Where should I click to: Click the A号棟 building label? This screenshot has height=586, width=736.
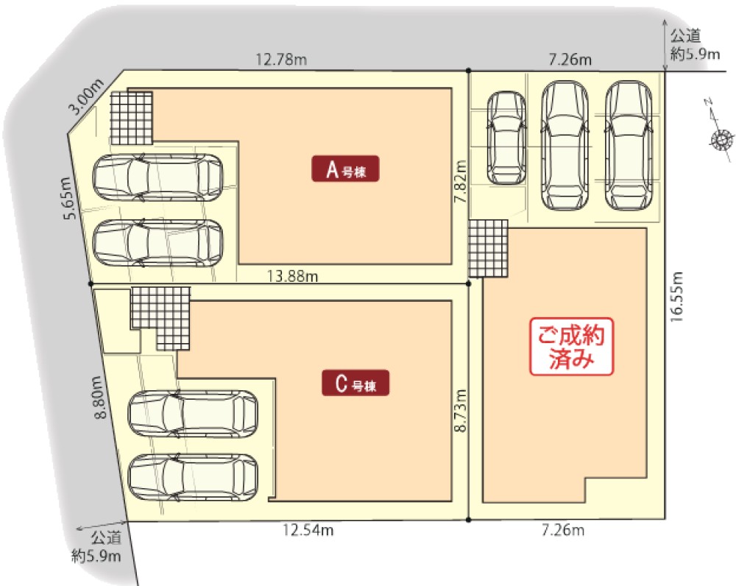(x=345, y=169)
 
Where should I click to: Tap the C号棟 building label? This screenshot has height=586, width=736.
(x=355, y=383)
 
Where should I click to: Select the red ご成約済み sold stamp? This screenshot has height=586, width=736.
(x=571, y=347)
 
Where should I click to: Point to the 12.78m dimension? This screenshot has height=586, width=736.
(x=281, y=60)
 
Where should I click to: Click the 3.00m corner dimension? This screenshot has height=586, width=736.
(x=86, y=96)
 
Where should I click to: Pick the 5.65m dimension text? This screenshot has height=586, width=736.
(x=68, y=198)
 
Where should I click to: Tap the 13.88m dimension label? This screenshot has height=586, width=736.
(x=292, y=275)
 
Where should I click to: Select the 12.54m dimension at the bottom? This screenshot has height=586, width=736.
(x=308, y=530)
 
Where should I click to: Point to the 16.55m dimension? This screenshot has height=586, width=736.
(x=676, y=297)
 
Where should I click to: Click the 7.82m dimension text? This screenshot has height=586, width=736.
(x=461, y=181)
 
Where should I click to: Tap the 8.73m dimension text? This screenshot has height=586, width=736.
(x=461, y=410)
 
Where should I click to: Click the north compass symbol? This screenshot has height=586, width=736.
(x=721, y=133)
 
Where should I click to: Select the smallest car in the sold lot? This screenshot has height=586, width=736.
(x=506, y=138)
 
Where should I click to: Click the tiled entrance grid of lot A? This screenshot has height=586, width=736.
(x=132, y=118)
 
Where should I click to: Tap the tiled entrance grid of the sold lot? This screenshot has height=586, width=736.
(x=488, y=248)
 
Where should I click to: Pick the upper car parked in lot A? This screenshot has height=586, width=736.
(x=158, y=178)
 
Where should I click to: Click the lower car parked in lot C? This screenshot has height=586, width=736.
(x=193, y=477)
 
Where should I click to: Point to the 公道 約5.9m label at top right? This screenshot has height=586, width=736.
(x=694, y=45)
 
